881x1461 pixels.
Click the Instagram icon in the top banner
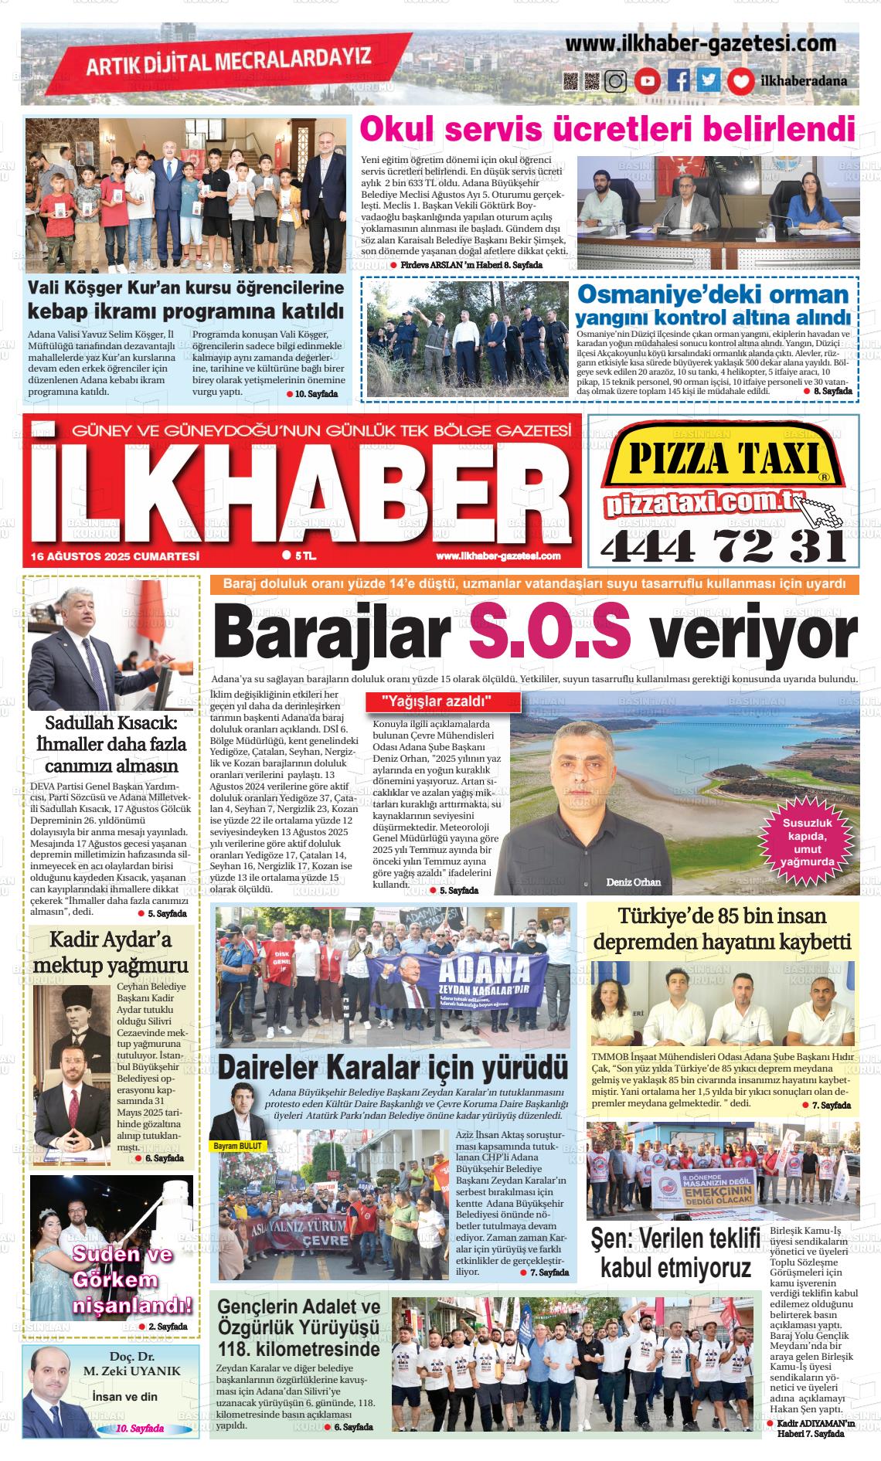pos(615,80)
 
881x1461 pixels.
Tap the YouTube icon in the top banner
pos(647,80)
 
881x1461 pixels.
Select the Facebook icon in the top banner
pos(679,80)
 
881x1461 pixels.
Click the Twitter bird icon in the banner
pos(709,80)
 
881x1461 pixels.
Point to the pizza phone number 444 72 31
pos(723,547)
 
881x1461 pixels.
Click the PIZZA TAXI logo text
pos(723,460)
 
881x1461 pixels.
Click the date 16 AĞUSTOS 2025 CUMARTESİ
pos(115,556)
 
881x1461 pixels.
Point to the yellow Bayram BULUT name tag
pos(238,1145)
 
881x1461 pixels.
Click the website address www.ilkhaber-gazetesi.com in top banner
pos(700,44)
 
